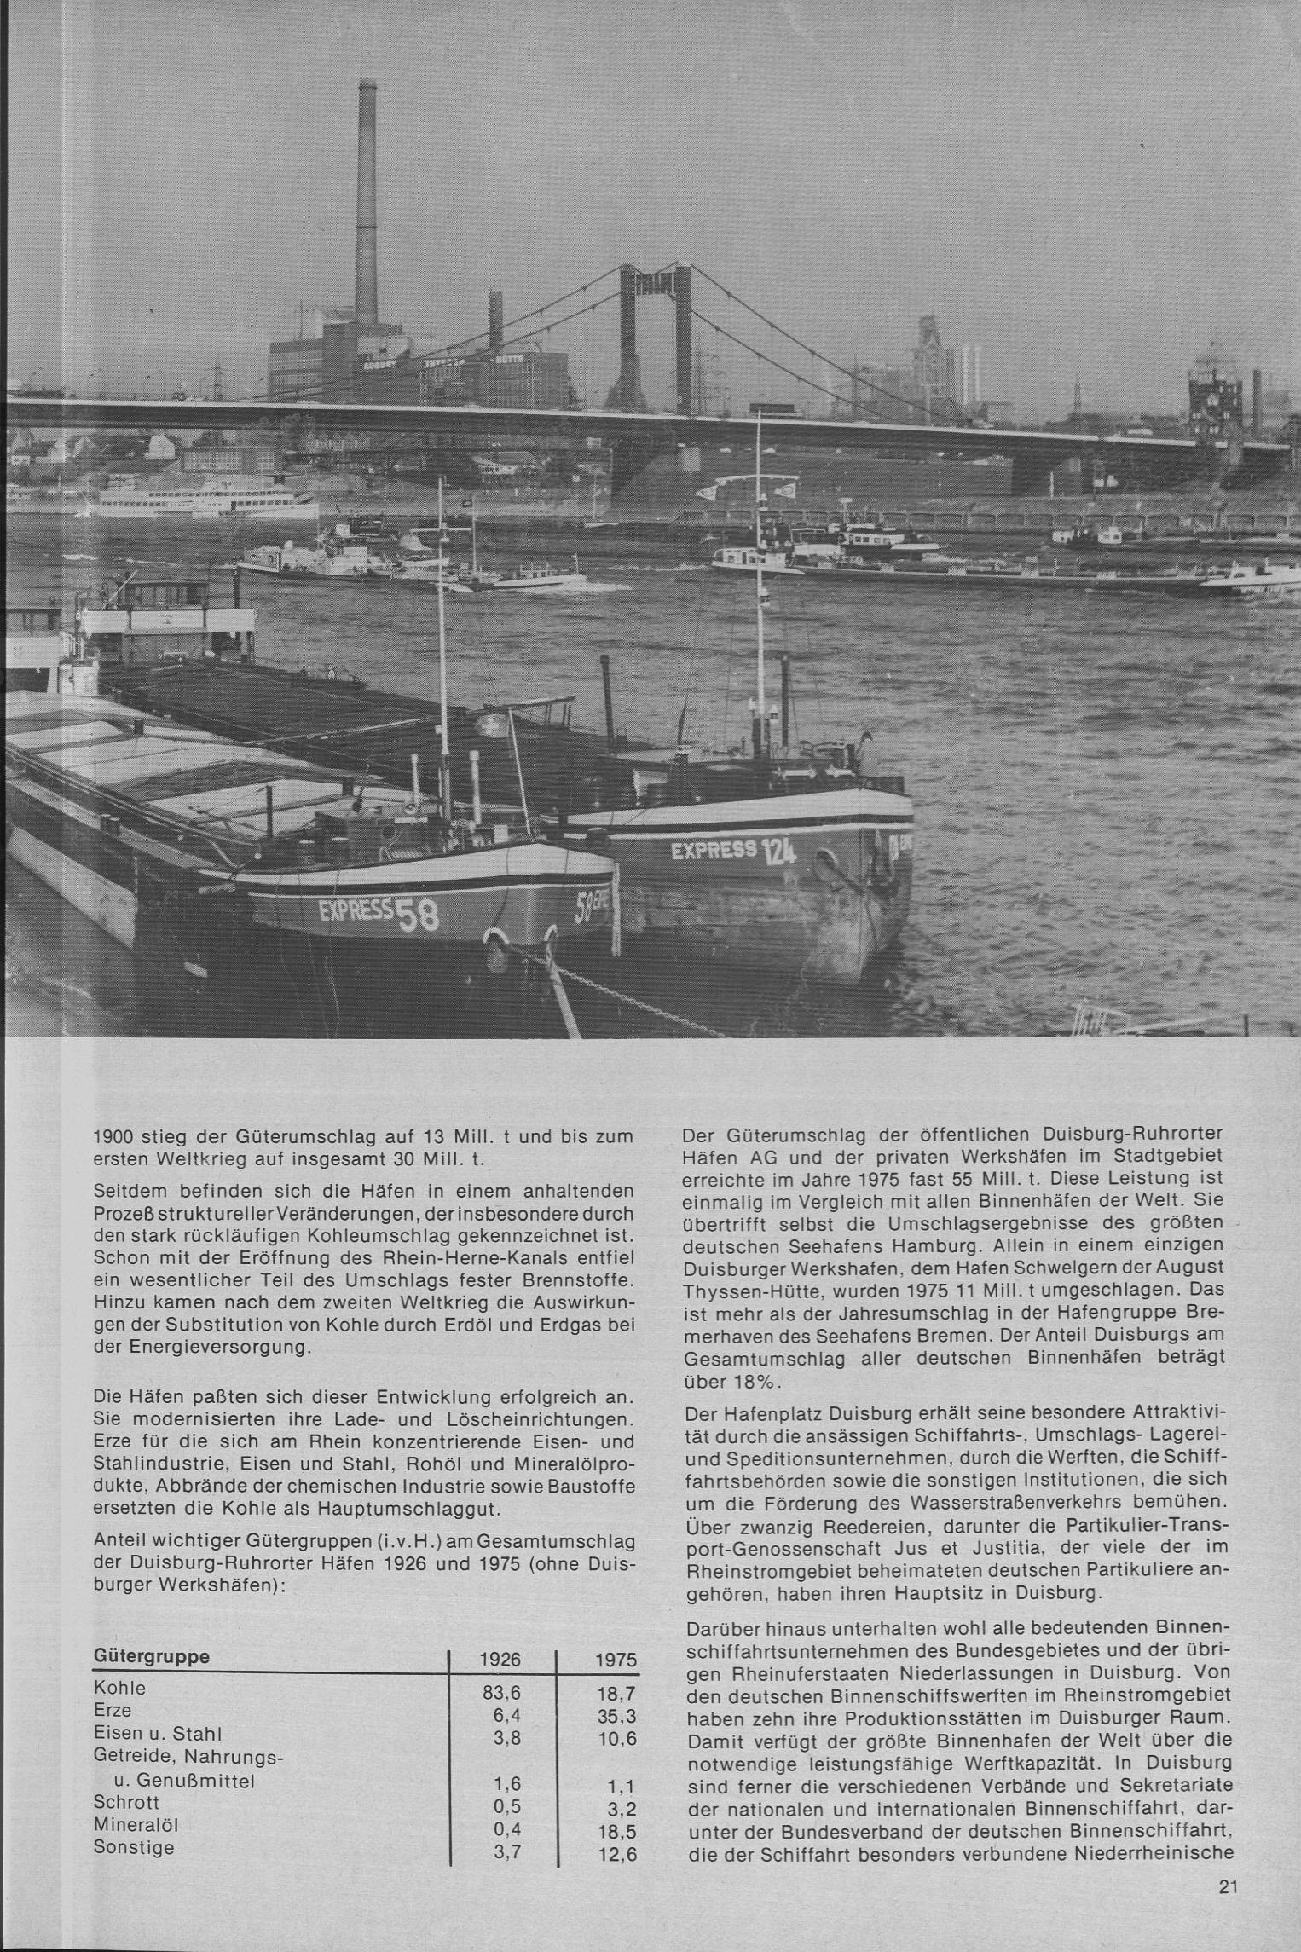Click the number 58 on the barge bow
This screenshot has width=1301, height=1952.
(x=416, y=915)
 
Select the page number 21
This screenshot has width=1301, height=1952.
(x=1228, y=1886)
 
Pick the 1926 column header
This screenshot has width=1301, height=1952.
(x=501, y=1660)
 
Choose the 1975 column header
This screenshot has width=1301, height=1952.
(x=616, y=1660)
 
